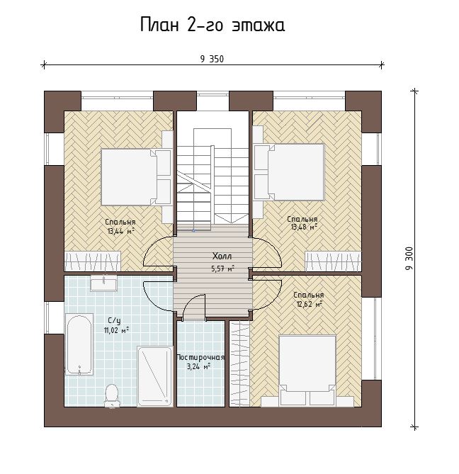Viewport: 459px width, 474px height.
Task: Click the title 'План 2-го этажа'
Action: [x=212, y=25]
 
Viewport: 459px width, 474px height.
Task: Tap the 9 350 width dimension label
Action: [x=212, y=59]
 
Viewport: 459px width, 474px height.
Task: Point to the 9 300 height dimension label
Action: [x=409, y=259]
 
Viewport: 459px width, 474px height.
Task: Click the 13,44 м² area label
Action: [x=120, y=232]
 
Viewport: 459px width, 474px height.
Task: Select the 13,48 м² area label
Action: [x=304, y=227]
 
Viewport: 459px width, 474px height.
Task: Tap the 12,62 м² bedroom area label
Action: [x=310, y=304]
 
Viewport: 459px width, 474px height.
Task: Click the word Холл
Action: [x=222, y=256]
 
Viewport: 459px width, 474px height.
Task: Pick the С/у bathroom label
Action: [x=115, y=320]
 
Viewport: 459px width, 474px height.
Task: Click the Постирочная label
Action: [x=200, y=357]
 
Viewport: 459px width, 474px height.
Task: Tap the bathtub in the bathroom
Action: [x=79, y=344]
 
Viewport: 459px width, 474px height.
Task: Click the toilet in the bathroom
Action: [x=111, y=395]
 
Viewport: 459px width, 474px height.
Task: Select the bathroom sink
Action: [x=103, y=284]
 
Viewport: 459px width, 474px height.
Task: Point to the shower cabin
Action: [x=154, y=376]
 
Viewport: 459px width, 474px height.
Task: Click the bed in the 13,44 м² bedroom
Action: [x=136, y=177]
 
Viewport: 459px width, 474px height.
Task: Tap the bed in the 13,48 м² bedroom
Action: [x=289, y=172]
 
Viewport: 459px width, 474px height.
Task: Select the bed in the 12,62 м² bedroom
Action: [x=307, y=371]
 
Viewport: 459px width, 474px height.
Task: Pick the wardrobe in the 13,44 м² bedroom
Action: [x=93, y=261]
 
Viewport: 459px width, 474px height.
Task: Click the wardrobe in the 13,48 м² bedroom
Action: [x=334, y=261]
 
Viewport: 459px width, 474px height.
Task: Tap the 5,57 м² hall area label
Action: [x=223, y=269]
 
